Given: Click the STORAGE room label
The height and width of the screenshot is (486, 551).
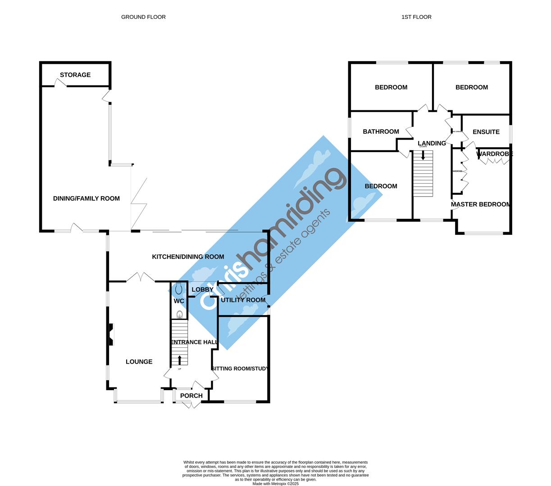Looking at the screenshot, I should tap(75, 75).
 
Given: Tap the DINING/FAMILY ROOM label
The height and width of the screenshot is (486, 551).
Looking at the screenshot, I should tap(87, 198).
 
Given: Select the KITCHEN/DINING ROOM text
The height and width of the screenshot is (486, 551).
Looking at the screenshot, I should tap(188, 256).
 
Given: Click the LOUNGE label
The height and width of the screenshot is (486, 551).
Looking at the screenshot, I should tap(139, 362).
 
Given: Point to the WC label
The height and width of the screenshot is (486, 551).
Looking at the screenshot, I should tap(179, 301).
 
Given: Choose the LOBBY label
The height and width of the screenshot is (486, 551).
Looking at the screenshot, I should tap(202, 289).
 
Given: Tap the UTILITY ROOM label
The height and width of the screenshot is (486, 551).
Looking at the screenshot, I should tap(243, 300).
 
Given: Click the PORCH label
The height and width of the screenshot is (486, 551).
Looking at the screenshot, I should tap(191, 396).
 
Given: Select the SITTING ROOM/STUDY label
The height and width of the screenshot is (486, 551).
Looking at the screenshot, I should tap(240, 369).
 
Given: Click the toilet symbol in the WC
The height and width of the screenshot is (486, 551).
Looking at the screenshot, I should tap(179, 288).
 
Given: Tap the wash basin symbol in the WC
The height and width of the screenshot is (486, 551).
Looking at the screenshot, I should tap(179, 314).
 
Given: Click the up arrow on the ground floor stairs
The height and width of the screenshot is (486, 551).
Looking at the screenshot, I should tap(180, 360).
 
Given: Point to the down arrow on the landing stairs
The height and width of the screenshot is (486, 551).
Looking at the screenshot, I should tap(423, 155).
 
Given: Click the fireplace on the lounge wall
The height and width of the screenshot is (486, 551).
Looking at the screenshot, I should tap(110, 335).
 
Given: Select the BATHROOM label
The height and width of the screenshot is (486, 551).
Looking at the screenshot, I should tap(381, 131).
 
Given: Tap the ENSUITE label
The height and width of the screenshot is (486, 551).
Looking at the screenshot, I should tap(486, 132).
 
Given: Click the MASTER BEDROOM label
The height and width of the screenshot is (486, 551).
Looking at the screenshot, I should tap(481, 204).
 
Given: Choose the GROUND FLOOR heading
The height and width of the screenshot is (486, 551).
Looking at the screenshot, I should tap(143, 17).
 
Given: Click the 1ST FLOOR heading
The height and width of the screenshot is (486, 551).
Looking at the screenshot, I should tap(416, 17).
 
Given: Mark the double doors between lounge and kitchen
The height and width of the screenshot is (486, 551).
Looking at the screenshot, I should tap(140, 278).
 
